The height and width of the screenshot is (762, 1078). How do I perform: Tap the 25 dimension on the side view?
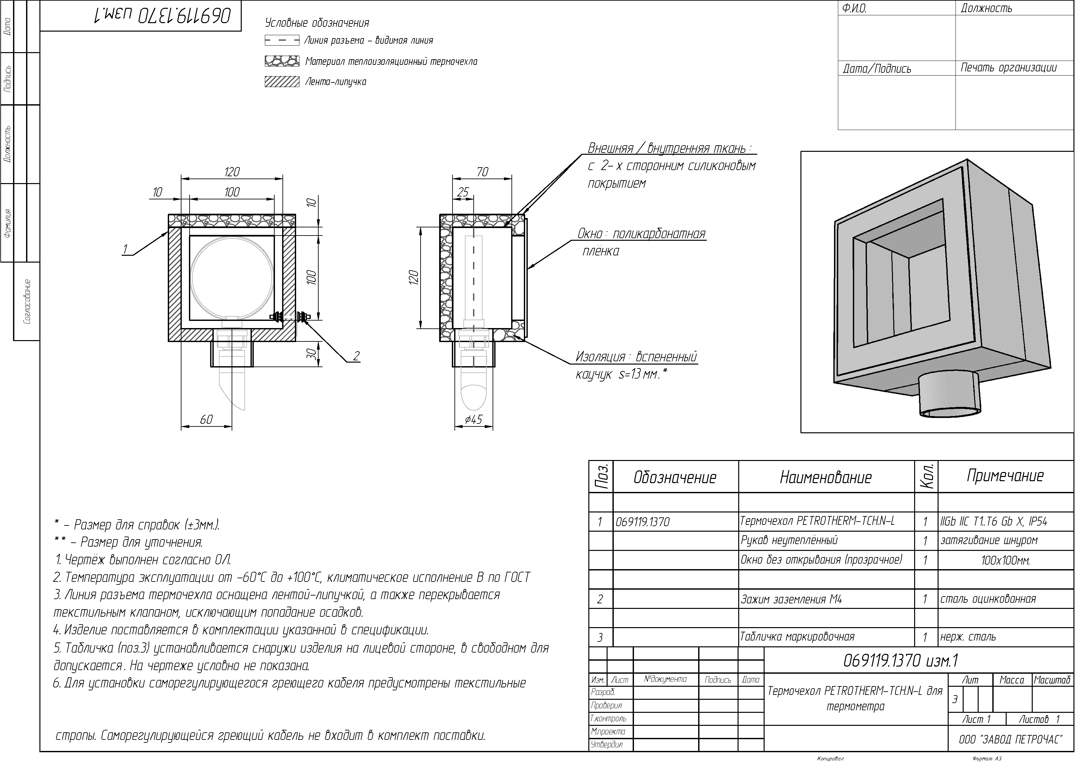click(463, 193)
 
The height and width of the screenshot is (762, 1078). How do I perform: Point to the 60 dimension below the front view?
click(207, 420)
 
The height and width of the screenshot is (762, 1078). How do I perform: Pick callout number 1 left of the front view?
click(125, 250)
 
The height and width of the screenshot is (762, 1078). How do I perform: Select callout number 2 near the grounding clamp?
click(356, 356)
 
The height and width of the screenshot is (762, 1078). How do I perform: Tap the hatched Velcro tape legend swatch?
click(282, 82)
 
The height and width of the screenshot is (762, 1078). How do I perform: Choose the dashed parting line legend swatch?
click(282, 40)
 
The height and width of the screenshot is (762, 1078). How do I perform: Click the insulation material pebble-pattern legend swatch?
click(282, 61)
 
